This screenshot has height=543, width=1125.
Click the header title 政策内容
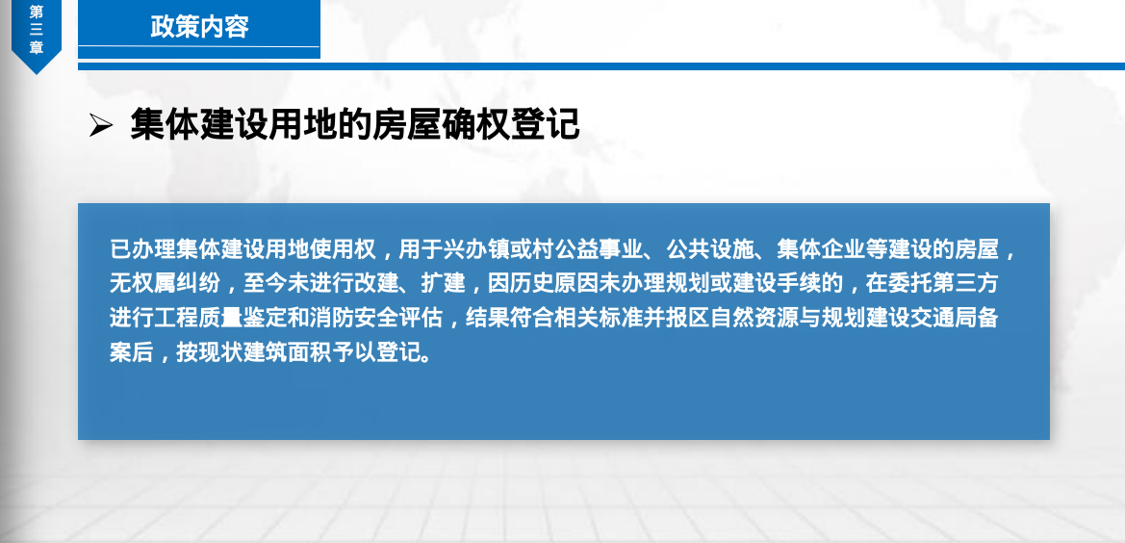199,27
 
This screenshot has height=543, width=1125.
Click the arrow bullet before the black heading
100,125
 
